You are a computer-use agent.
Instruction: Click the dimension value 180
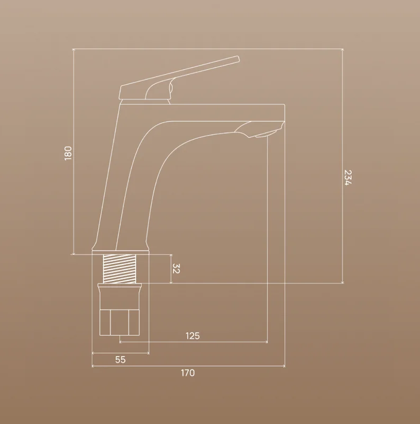(68, 153)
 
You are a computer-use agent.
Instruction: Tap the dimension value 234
(348, 178)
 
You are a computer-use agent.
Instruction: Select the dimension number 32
(176, 269)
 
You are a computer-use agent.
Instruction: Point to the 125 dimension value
(193, 336)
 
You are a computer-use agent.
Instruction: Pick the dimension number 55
(121, 360)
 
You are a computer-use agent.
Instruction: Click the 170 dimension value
(188, 373)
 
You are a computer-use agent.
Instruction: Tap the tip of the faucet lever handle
(238, 58)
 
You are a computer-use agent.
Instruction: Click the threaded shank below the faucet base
(120, 269)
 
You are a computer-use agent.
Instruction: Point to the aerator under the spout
(266, 134)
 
